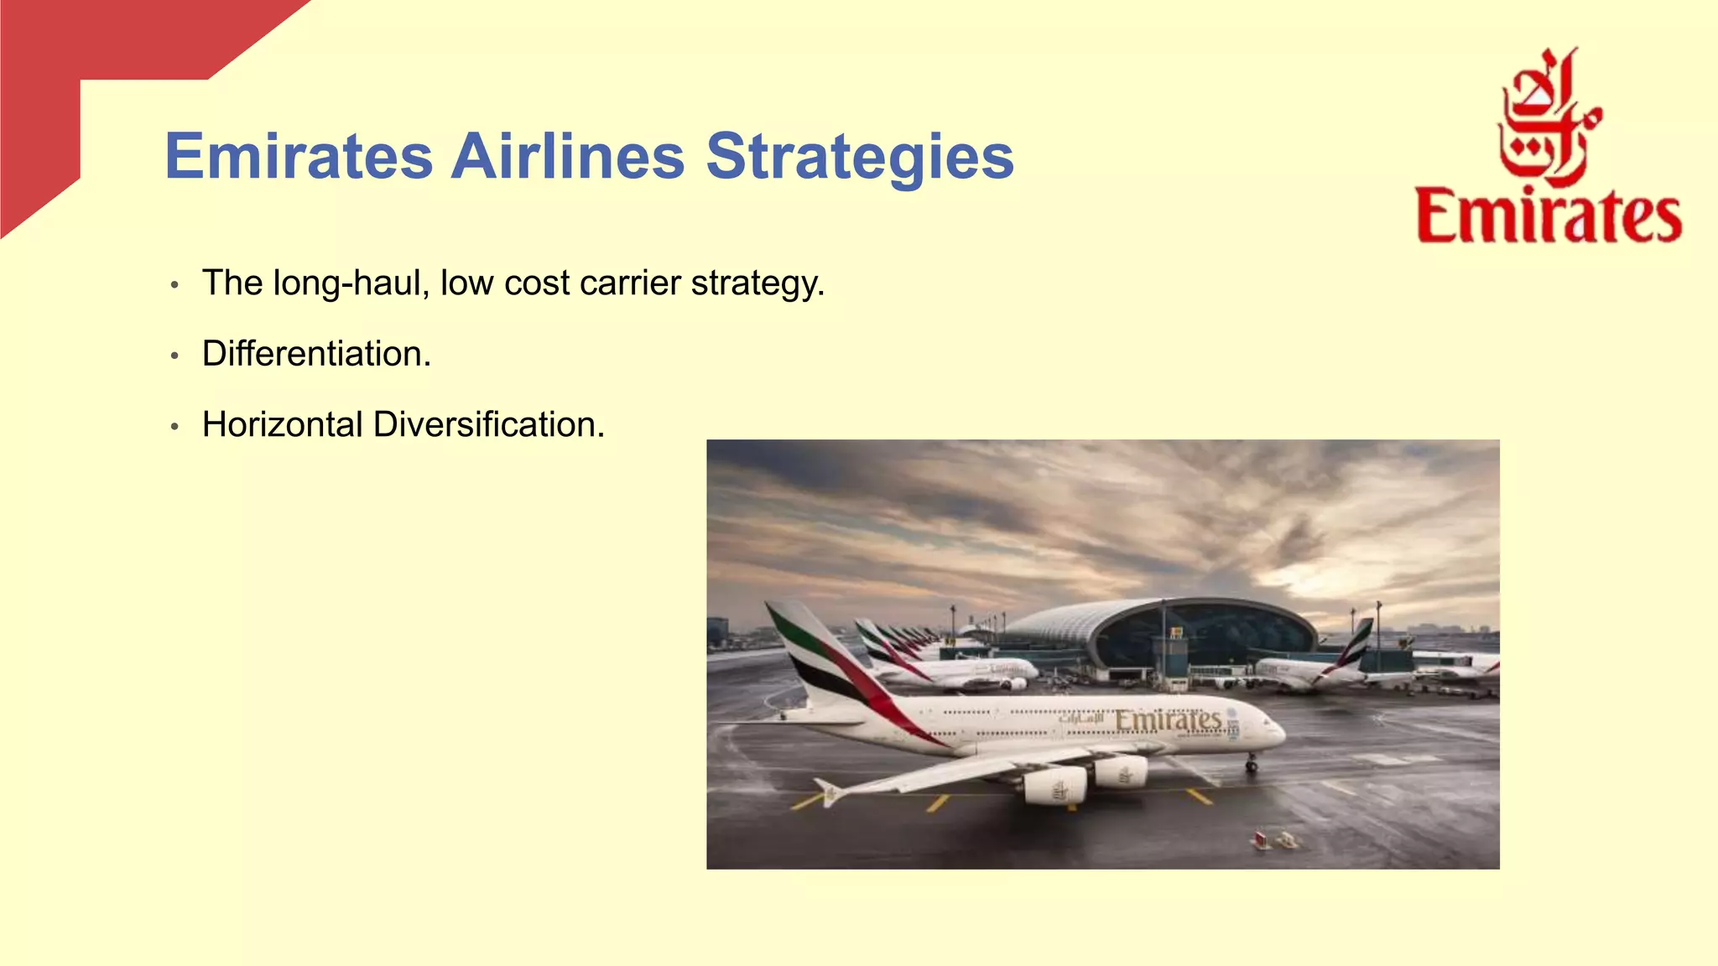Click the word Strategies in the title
[x=860, y=157]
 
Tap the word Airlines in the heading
[x=568, y=157]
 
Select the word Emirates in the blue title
[x=299, y=157]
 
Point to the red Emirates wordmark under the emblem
[x=1549, y=217]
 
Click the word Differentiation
[x=316, y=354]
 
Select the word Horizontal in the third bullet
[x=283, y=425]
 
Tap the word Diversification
[x=488, y=425]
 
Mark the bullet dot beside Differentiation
[x=174, y=356]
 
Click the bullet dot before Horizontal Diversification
[x=174, y=428]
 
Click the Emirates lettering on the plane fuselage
[x=1167, y=720]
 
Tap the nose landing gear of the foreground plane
[x=1251, y=763]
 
